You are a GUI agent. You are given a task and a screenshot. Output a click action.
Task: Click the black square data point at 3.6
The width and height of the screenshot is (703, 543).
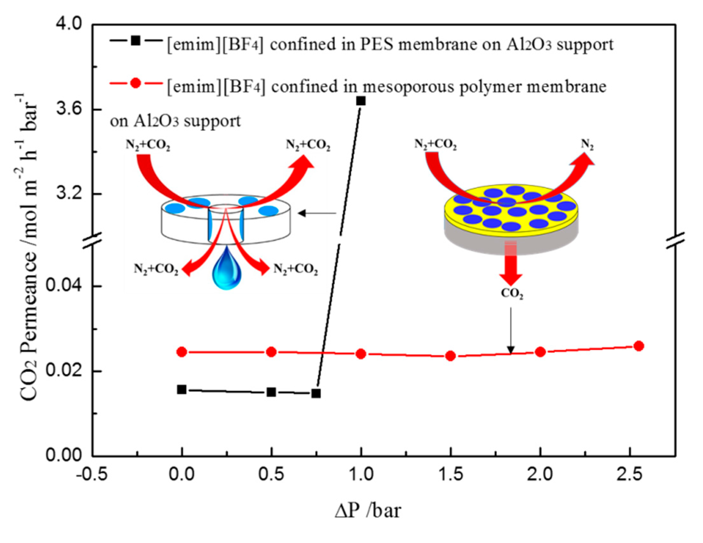361,101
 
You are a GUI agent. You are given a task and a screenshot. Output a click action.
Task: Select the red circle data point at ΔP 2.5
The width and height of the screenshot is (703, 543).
639,346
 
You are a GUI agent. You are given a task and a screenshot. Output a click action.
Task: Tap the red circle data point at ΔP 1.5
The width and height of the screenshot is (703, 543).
451,356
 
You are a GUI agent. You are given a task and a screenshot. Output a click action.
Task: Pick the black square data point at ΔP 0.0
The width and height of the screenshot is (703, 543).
182,390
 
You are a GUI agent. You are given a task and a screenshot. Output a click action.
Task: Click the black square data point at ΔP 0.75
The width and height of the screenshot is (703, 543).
316,393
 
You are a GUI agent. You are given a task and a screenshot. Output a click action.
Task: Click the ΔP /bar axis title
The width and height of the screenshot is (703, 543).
368,511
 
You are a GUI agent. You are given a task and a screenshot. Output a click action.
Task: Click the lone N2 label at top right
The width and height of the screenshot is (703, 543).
588,145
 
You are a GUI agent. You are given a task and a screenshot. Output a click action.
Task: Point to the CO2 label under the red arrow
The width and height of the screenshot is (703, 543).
512,294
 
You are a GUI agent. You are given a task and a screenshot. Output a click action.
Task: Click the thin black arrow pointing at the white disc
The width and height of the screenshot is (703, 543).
317,213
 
